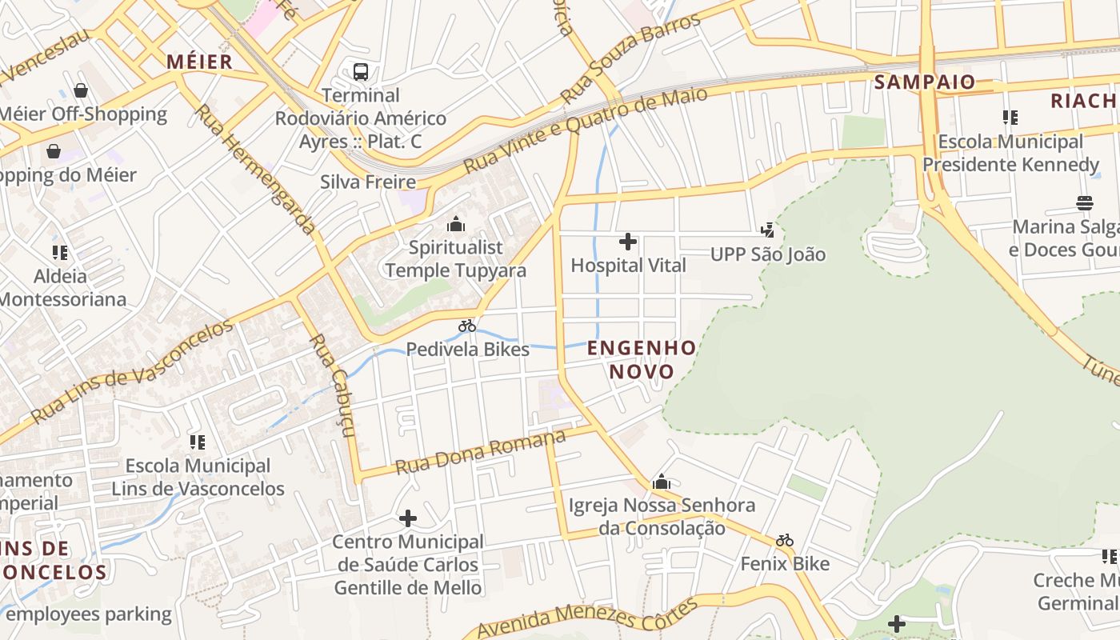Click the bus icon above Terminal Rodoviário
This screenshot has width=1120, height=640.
(x=361, y=72)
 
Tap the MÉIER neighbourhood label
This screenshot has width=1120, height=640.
(x=200, y=62)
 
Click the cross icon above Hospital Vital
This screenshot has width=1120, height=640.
(x=628, y=241)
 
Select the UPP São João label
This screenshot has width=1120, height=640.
(x=768, y=254)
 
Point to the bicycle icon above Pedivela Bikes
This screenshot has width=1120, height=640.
(x=467, y=326)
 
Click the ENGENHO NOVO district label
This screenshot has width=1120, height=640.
(x=642, y=359)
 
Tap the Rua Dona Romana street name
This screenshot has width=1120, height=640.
(x=481, y=453)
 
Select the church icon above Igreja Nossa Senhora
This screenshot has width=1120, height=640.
(x=662, y=482)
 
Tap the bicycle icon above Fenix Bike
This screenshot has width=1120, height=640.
(x=785, y=540)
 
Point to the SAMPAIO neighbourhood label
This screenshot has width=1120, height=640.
(x=924, y=82)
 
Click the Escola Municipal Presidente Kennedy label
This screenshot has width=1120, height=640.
(x=1010, y=153)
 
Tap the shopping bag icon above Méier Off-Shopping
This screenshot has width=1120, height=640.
(x=80, y=90)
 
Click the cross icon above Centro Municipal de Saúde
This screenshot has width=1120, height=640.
(x=408, y=518)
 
